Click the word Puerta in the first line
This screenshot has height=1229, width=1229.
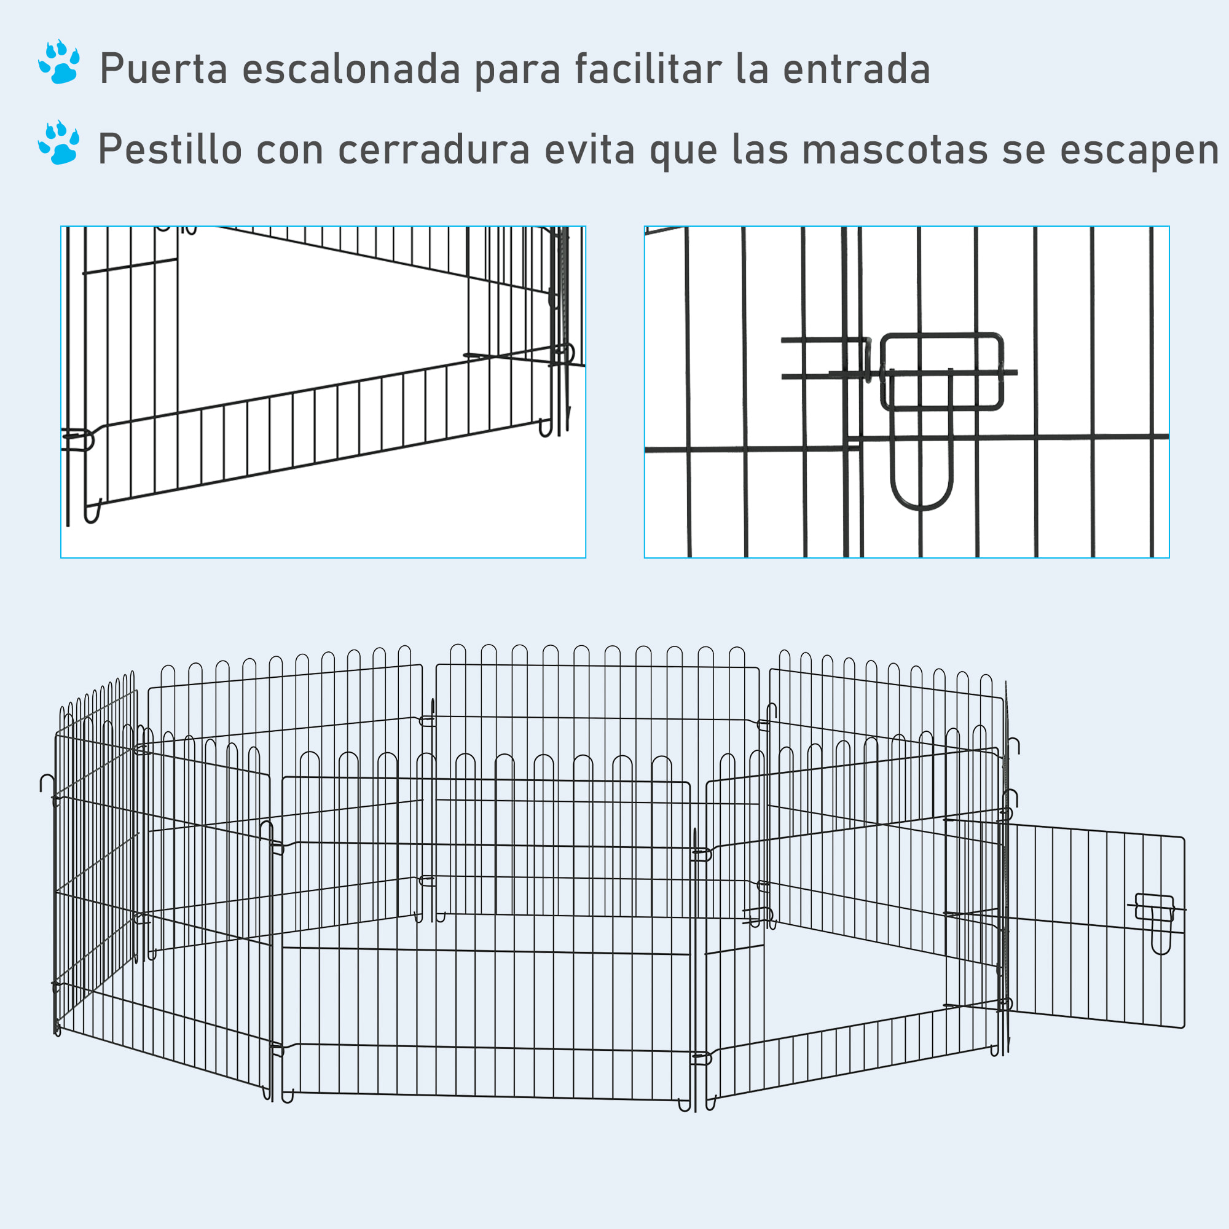tap(163, 69)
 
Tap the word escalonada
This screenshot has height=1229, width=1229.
tap(351, 69)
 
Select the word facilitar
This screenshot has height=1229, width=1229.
tap(648, 69)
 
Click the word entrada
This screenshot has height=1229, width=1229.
tap(856, 69)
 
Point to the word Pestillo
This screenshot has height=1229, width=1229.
tap(170, 150)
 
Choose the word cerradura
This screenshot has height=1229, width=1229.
tap(434, 150)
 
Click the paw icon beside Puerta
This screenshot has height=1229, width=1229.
tap(59, 62)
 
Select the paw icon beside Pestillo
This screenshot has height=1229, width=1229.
tap(59, 143)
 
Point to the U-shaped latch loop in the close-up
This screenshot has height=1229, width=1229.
tap(921, 471)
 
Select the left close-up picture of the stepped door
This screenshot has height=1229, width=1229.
tap(323, 392)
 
